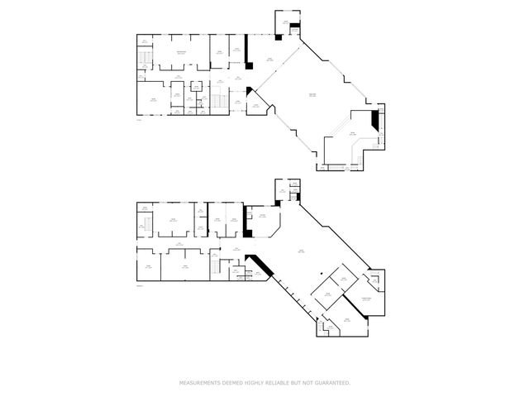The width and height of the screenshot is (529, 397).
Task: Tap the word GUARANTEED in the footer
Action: [x=331, y=383]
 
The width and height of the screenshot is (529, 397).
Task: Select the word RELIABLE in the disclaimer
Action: [x=278, y=383]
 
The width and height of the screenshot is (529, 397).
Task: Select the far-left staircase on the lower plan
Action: [x=144, y=227]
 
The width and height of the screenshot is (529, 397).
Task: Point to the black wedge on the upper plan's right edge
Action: [x=376, y=122]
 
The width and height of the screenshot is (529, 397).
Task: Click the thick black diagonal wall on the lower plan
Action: [x=260, y=264]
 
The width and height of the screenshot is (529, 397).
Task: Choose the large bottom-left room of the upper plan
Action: [x=153, y=100]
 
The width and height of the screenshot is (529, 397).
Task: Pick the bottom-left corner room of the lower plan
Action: [x=148, y=266]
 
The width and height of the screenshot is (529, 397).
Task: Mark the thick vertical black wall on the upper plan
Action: [x=246, y=49]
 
